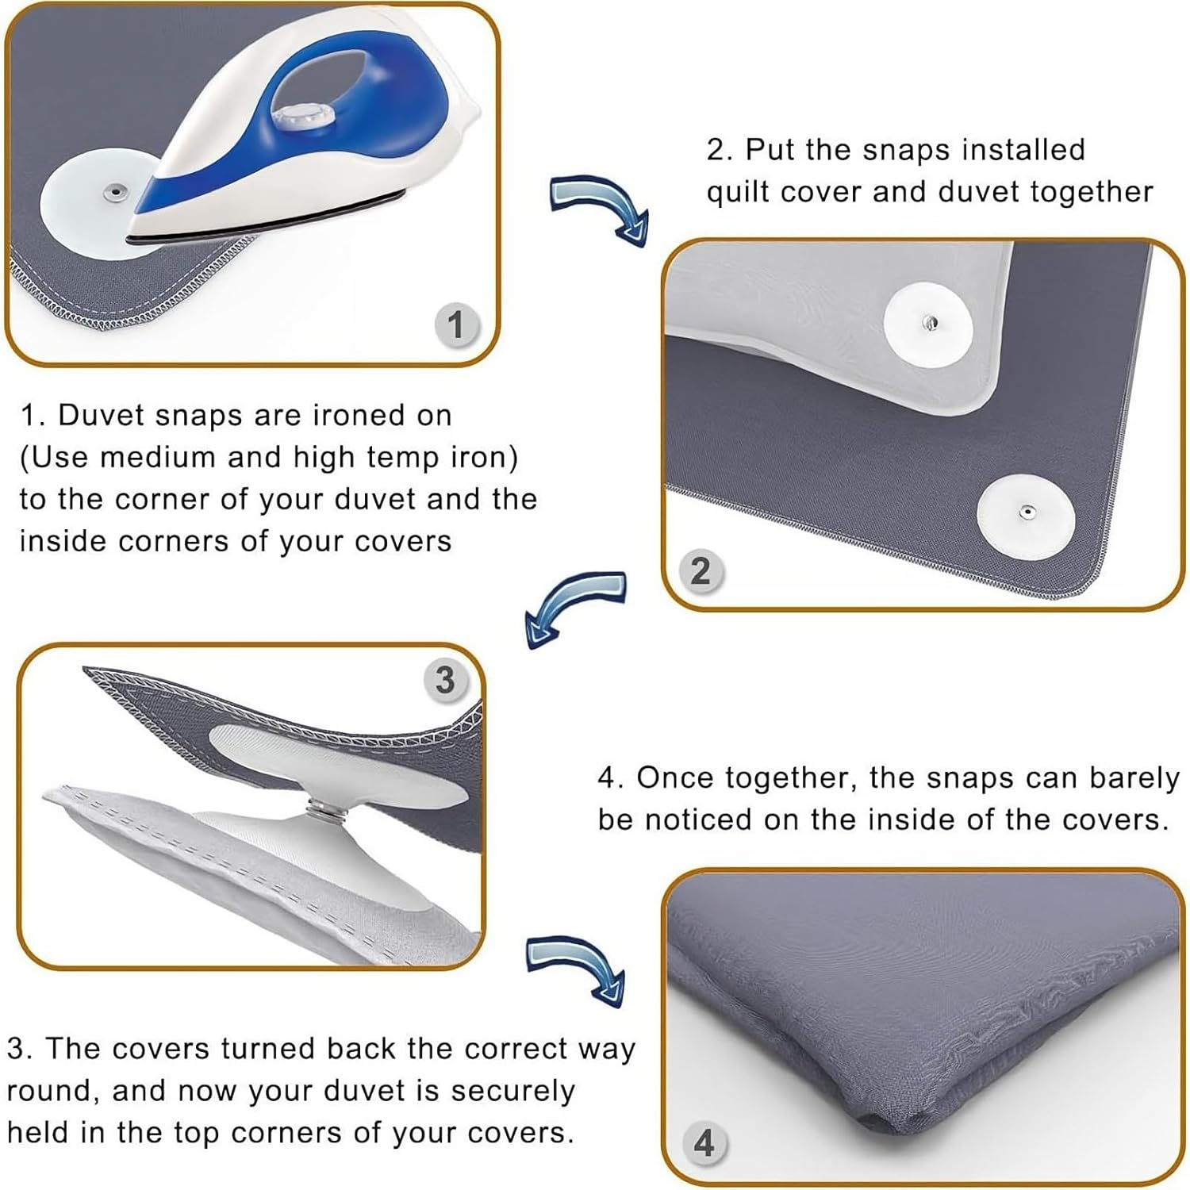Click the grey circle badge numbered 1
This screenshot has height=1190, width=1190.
[455, 325]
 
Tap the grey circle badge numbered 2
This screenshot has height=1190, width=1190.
[700, 571]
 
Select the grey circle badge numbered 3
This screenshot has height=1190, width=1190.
[445, 681]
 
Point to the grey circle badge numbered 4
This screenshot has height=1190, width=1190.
[704, 1143]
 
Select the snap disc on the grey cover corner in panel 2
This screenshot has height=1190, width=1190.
[1025, 513]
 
